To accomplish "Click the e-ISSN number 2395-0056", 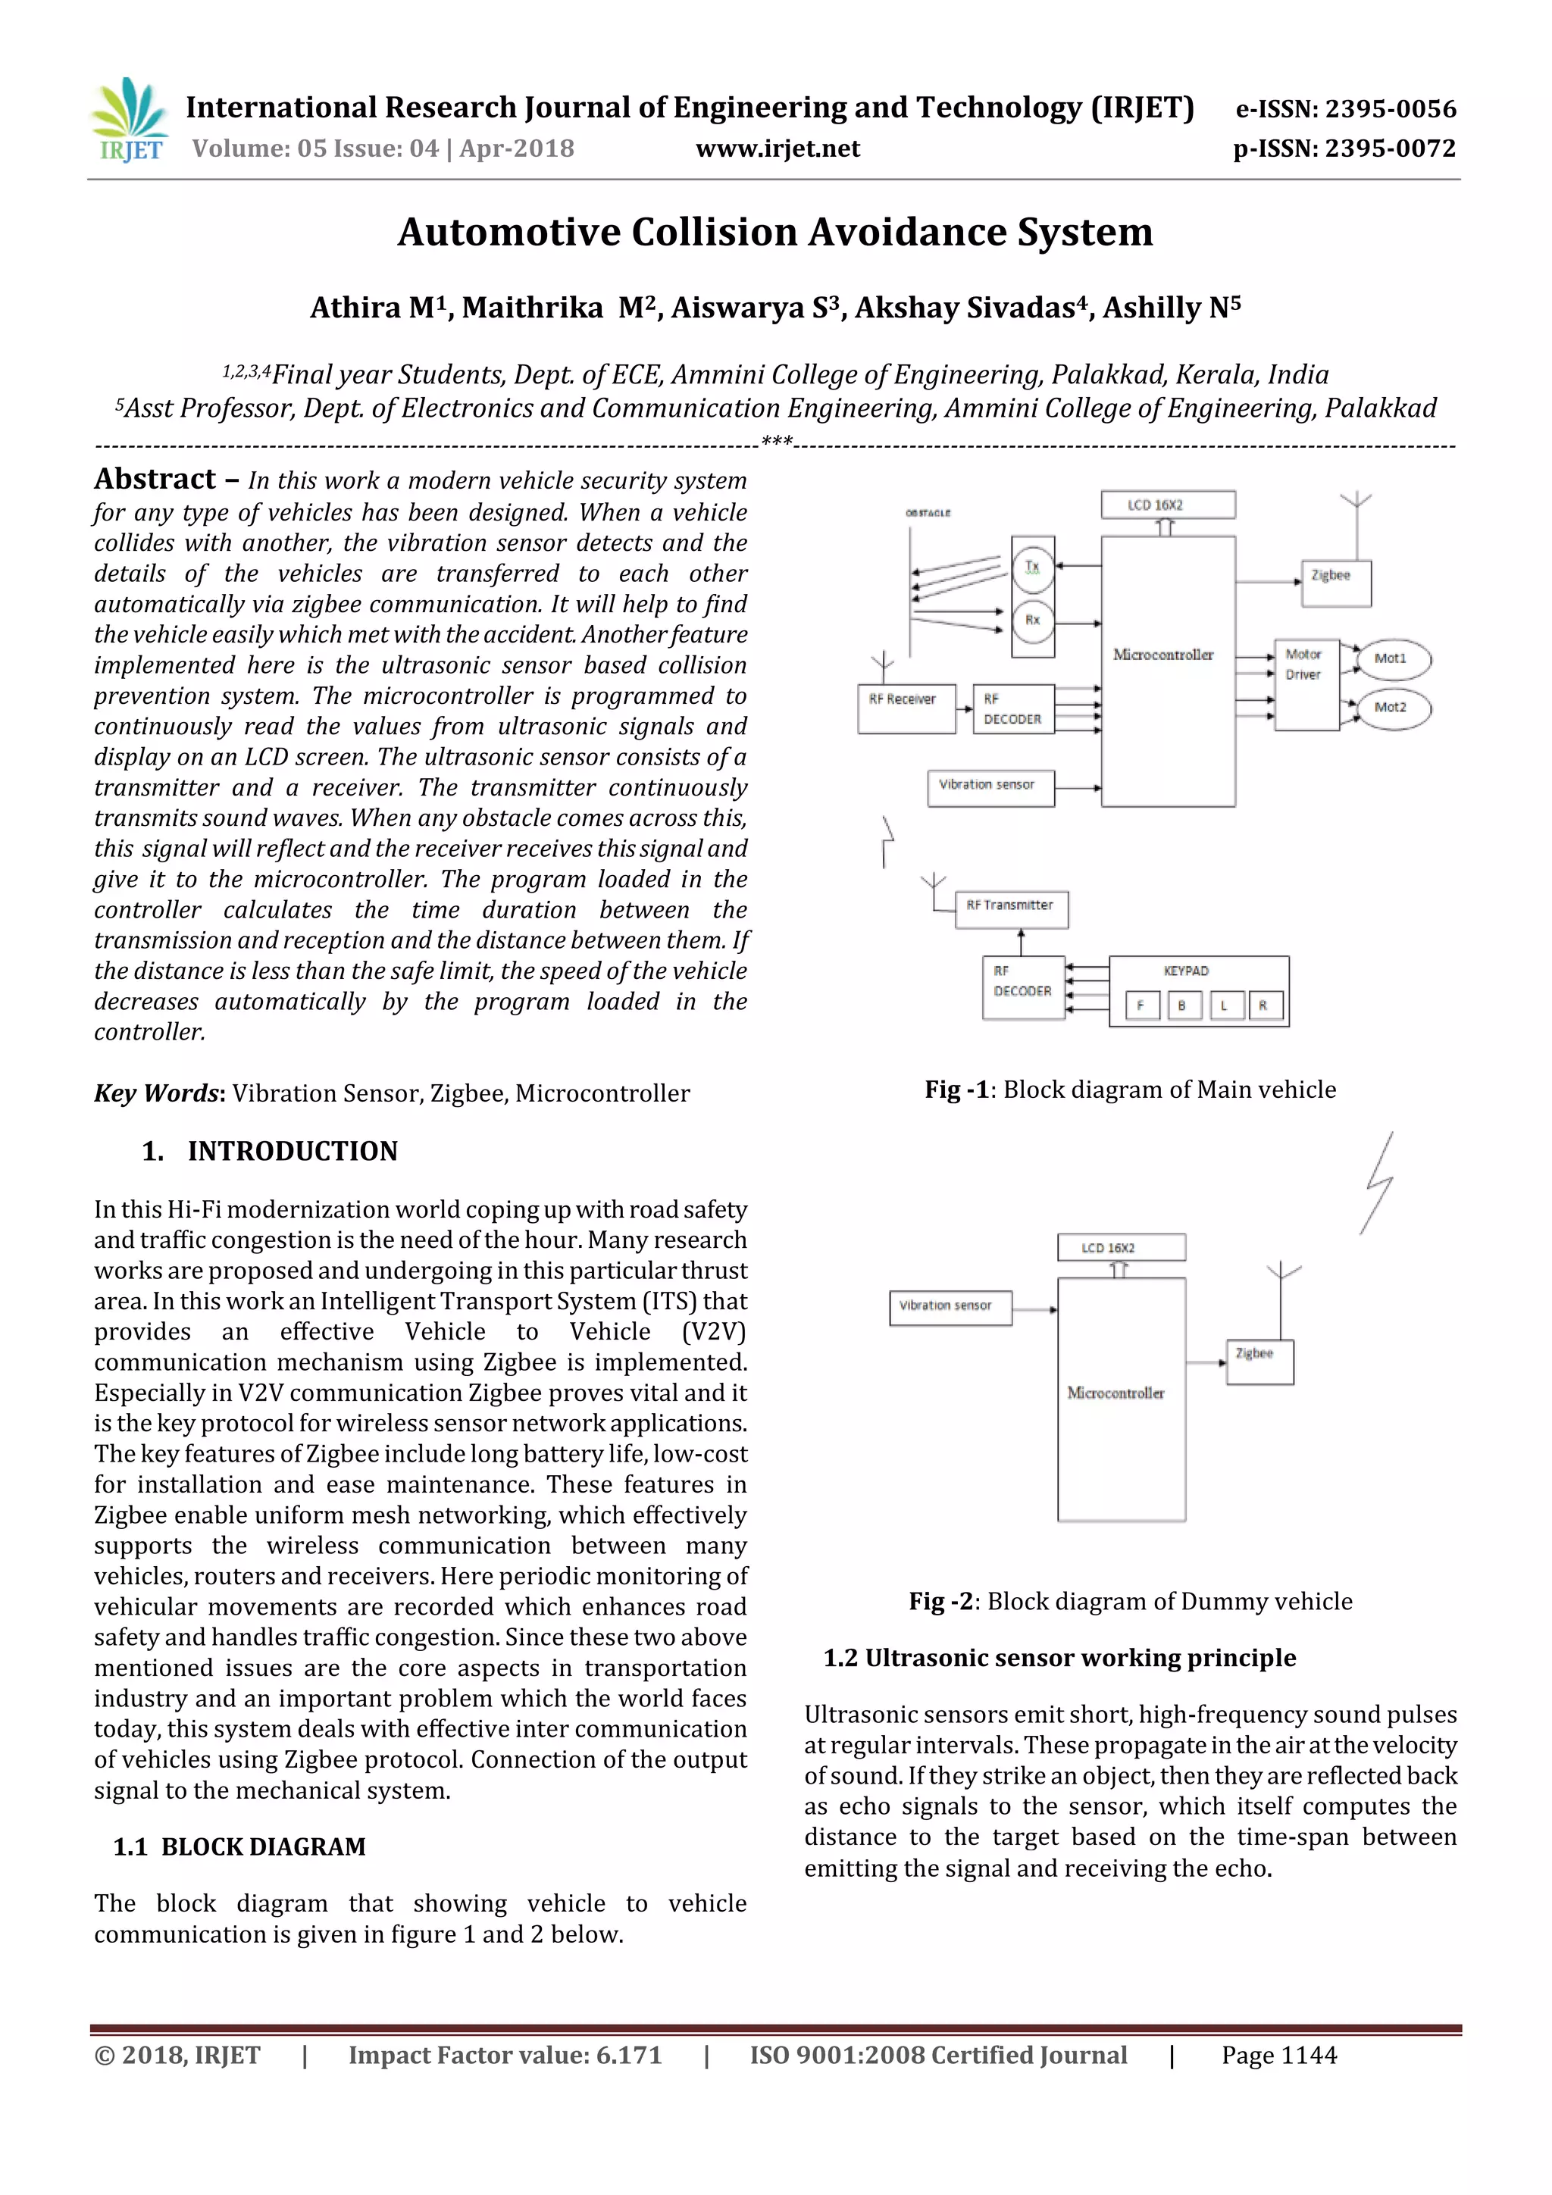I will (1391, 109).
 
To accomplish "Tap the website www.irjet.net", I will (778, 149).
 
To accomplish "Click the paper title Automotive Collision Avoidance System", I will (774, 233).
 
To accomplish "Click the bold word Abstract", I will (155, 479).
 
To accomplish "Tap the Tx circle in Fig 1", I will (1033, 567).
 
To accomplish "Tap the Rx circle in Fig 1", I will (1033, 621).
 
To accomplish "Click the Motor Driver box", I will (1306, 684).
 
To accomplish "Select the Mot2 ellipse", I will (1394, 708).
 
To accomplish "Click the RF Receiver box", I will (906, 708).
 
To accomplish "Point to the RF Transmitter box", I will (1011, 908).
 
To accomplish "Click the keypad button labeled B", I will (1183, 1005).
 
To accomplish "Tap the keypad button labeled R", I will (1264, 1005).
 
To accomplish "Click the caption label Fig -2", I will (942, 1601).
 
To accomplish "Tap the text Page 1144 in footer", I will (1278, 2055).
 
